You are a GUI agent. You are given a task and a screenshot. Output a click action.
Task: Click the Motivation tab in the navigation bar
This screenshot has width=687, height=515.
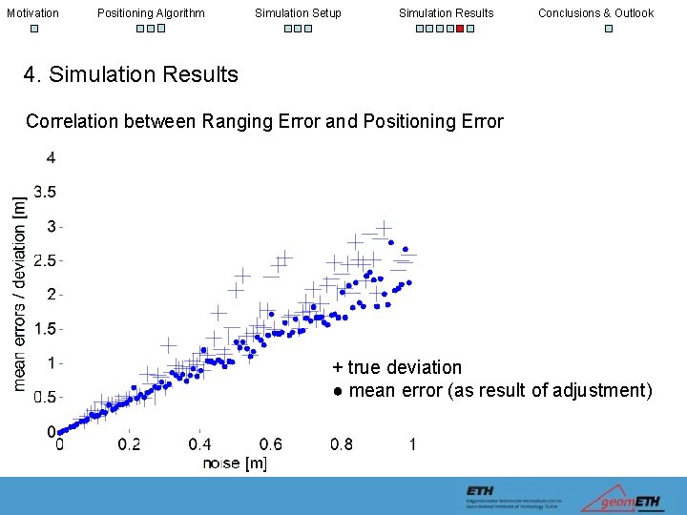[x=32, y=13]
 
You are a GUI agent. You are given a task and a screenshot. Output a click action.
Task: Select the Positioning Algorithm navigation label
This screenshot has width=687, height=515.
[x=151, y=13]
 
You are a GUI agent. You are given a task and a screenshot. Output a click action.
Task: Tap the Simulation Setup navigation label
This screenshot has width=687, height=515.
[x=298, y=13]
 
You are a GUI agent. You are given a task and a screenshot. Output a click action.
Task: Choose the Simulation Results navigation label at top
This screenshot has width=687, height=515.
[x=446, y=13]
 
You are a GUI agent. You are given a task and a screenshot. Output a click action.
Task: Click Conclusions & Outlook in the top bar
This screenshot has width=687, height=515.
[x=595, y=13]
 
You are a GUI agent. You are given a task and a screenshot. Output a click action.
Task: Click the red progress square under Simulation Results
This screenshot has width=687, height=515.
[x=460, y=29]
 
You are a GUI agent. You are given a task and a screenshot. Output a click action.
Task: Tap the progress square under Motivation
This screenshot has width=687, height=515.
[x=33, y=29]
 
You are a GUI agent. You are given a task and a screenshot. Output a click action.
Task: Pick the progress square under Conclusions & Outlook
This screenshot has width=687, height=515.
[x=609, y=29]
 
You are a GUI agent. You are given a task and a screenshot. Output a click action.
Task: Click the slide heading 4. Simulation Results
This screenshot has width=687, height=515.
[x=131, y=74]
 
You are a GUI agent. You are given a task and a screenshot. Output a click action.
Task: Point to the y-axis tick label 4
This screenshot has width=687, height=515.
[x=51, y=157]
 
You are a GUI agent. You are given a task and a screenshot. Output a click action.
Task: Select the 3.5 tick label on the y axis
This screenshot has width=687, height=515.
[x=45, y=192]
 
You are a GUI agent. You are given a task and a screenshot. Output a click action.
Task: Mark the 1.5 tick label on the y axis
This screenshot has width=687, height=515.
[x=45, y=329]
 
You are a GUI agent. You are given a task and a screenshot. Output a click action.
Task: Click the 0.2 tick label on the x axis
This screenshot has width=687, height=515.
[x=129, y=444]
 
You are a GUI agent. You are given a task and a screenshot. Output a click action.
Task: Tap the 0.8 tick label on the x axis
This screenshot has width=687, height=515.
[x=341, y=444]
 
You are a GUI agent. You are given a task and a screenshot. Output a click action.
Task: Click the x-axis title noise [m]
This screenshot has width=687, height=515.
[x=235, y=463]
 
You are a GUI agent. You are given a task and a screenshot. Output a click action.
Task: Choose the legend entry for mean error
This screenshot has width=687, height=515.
[x=492, y=391]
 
